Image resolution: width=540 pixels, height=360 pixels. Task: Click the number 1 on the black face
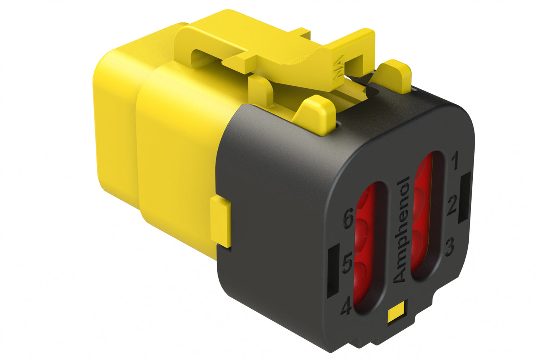point(455,161)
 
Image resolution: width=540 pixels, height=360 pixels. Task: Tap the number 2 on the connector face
point(452,205)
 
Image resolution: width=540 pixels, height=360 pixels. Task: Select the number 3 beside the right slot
point(450,247)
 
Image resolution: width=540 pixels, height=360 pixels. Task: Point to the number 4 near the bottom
point(346,307)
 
